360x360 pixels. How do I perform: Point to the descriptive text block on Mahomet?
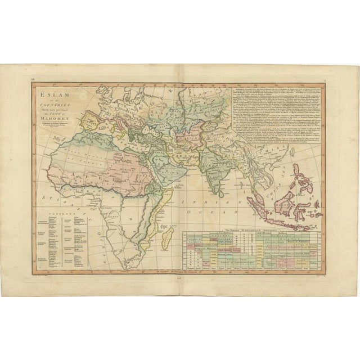[281, 112]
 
